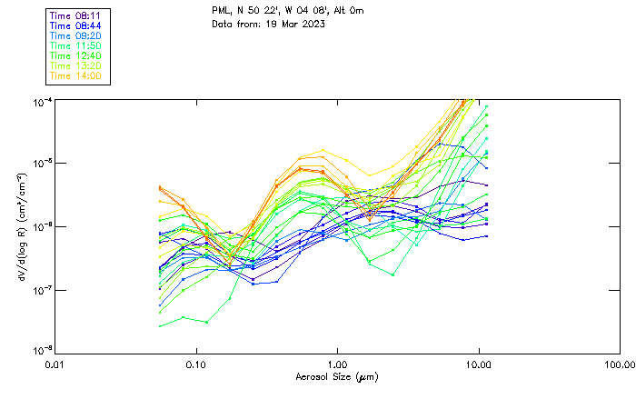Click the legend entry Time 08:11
76,15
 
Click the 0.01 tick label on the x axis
55,364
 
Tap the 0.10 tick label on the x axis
195,364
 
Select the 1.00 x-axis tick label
337,364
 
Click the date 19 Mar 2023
294,23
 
